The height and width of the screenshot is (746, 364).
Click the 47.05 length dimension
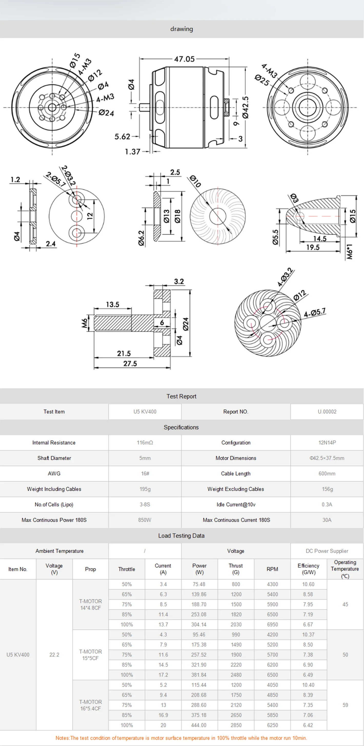(184, 59)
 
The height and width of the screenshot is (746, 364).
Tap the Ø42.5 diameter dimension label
(245, 107)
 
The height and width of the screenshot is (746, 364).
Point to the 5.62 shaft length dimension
(122, 136)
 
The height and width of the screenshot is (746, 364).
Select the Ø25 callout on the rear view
(262, 80)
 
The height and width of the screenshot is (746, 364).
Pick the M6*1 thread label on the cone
(350, 252)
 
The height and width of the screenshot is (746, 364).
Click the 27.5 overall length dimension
(130, 363)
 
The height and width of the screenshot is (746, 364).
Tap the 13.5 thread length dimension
(112, 304)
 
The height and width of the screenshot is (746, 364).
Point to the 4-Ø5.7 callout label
(315, 313)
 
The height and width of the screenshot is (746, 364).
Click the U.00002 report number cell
(327, 412)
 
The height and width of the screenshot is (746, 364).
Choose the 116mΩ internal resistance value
(145, 443)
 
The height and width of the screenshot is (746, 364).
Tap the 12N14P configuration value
(327, 443)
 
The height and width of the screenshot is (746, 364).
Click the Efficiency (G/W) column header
(308, 569)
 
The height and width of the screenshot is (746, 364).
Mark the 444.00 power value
(199, 725)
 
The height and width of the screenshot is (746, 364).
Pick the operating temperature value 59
(345, 705)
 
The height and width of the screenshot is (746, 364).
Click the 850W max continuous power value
(145, 520)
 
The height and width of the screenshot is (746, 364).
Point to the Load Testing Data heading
(181, 535)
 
